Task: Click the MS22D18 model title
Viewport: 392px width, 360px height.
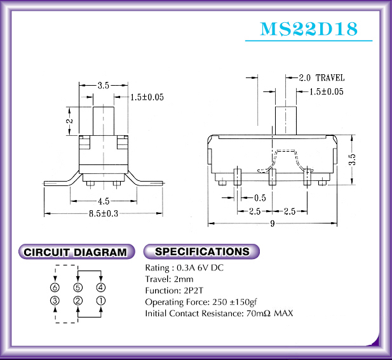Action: pos(309,29)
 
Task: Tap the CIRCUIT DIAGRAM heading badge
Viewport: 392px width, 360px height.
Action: pos(76,252)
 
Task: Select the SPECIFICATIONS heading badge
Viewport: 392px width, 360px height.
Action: pos(201,251)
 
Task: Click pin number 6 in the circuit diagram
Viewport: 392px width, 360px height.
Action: pos(55,288)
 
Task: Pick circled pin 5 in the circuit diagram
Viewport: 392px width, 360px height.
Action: pos(78,288)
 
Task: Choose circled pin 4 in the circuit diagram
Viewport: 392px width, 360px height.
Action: pos(101,288)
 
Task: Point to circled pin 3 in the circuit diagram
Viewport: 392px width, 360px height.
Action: pos(55,300)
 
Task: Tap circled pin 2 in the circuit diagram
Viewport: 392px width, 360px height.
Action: pos(78,300)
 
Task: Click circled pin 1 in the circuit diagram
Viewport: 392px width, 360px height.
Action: pos(101,300)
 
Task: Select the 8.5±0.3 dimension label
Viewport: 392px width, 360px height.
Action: pos(104,213)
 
